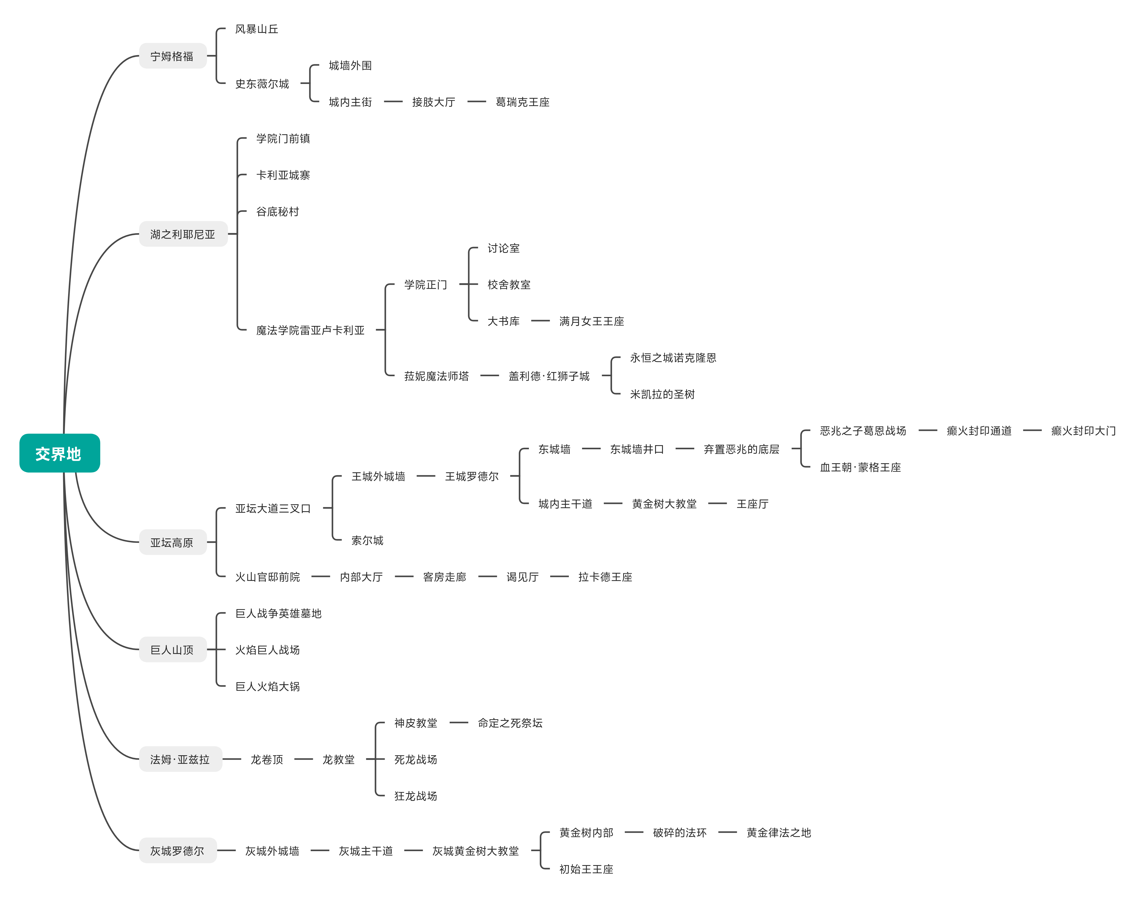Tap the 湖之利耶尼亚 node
coord(183,234)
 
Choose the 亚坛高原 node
coord(172,543)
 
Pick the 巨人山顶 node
coord(172,650)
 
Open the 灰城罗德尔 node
coord(177,851)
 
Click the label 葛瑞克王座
coord(522,102)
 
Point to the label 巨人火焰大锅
coord(267,686)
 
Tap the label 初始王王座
coord(586,869)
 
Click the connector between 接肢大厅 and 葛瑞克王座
coord(476,102)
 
